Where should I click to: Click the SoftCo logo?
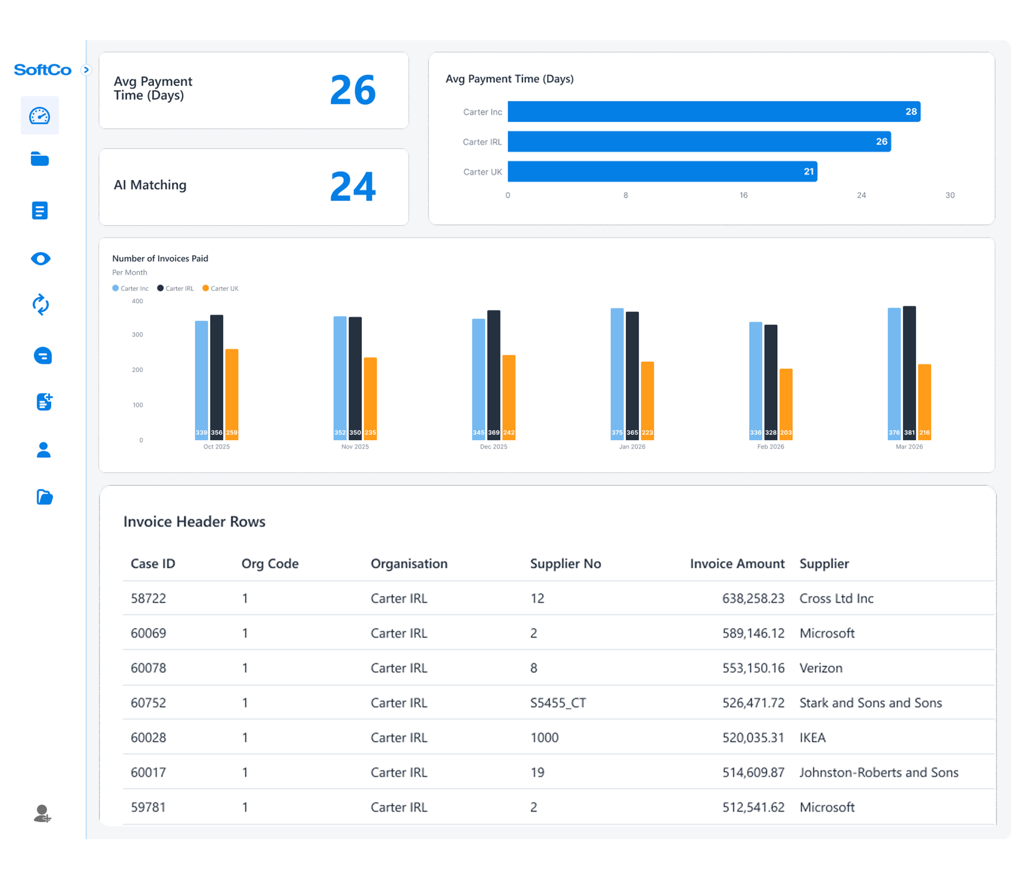[x=43, y=70]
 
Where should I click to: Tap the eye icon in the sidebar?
[x=40, y=259]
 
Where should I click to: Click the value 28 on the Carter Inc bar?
[x=911, y=111]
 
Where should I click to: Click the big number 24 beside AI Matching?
[x=353, y=187]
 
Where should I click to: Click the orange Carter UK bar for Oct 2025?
[x=232, y=393]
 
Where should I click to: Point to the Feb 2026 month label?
[x=770, y=447]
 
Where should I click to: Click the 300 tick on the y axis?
[x=137, y=334]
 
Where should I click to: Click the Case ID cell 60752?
[x=148, y=702]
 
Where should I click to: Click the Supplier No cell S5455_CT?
[x=558, y=702]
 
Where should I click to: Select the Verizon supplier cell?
[x=821, y=668]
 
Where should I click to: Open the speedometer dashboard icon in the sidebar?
[x=40, y=115]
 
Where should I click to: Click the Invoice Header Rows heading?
[x=194, y=521]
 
